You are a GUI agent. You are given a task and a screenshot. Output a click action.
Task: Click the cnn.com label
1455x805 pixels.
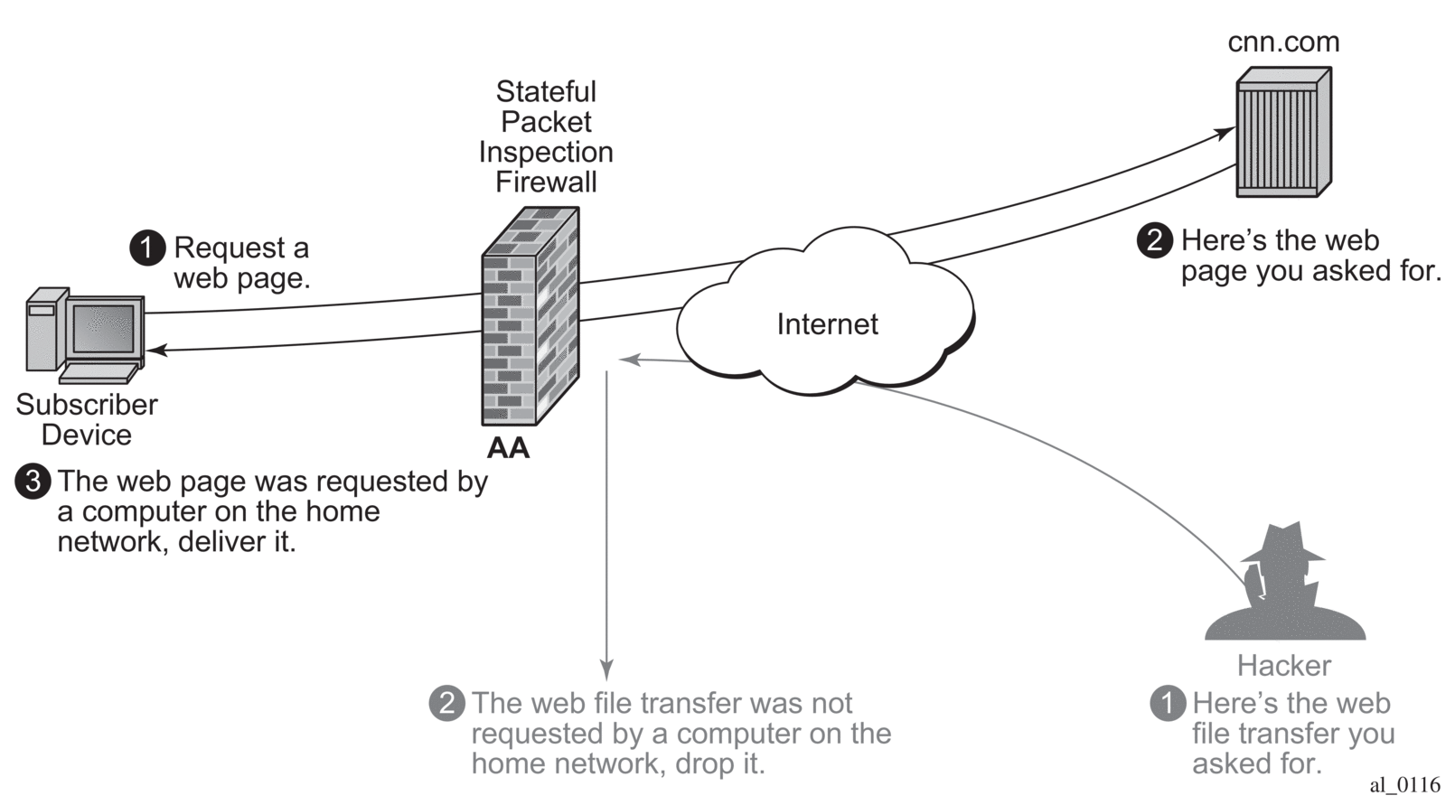point(1282,42)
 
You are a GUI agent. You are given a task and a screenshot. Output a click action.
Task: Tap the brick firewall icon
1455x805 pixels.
point(530,316)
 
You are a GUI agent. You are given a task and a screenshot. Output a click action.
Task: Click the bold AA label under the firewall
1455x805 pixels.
point(508,448)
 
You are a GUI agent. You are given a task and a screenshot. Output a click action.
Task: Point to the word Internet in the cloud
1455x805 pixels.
point(827,324)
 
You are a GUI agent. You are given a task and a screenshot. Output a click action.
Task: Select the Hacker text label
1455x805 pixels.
point(1283,666)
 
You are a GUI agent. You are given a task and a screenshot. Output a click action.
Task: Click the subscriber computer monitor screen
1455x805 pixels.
point(103,327)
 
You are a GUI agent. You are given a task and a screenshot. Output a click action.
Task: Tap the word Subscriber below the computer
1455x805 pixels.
point(87,405)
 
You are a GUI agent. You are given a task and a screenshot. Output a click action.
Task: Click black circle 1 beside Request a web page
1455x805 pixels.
point(147,248)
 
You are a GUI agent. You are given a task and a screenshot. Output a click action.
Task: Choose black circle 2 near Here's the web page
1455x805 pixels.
point(1154,241)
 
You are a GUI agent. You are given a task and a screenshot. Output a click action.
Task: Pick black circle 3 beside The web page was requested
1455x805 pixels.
point(33,482)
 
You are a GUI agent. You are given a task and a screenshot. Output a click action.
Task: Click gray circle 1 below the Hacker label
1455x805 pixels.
point(1168,703)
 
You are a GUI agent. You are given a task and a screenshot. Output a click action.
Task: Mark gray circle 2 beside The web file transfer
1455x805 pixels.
point(446,703)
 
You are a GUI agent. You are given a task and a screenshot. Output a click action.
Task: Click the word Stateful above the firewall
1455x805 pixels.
point(546,92)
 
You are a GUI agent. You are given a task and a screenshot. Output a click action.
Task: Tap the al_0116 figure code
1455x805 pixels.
point(1404,785)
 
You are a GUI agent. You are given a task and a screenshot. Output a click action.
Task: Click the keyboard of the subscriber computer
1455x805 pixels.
point(99,372)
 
